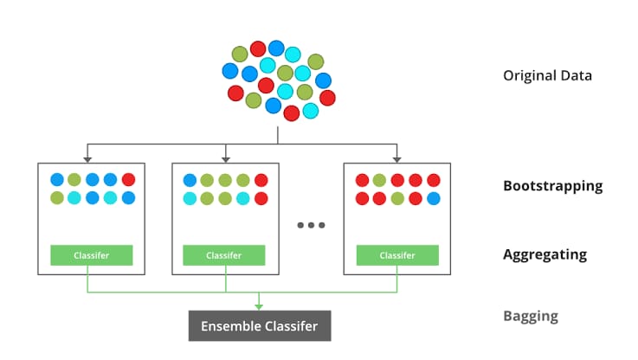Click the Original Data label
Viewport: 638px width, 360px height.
point(547,75)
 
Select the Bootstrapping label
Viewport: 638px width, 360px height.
point(553,186)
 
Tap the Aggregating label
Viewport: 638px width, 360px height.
point(545,254)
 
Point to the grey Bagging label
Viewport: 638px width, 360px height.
point(531,316)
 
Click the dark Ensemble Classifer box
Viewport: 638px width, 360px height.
point(260,326)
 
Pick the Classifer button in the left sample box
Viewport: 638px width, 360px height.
point(92,255)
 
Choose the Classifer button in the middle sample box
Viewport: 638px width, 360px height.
point(224,255)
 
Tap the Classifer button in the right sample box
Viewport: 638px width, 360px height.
point(397,255)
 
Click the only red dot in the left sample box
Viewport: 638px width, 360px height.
point(129,179)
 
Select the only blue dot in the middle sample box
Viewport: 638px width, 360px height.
point(190,180)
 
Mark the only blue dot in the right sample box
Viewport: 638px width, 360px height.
point(434,198)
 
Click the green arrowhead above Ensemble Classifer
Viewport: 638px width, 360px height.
point(259,306)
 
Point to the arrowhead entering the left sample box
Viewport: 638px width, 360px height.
point(87,159)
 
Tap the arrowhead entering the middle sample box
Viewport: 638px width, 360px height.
point(226,159)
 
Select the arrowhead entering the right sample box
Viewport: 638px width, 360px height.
point(397,159)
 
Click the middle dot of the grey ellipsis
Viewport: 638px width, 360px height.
point(312,225)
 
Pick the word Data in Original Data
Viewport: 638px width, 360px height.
point(577,75)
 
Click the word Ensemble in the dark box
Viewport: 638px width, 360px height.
point(231,326)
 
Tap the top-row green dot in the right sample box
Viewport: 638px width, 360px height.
point(379,180)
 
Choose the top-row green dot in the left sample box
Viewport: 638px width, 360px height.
point(74,179)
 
